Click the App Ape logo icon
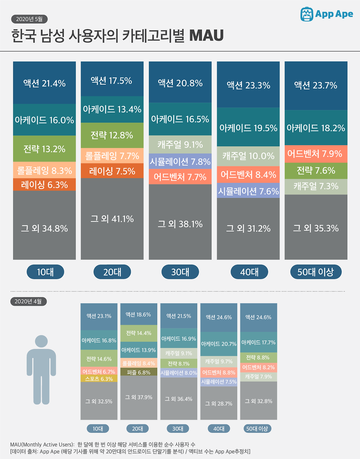tap(307, 14)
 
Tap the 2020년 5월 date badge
tap(29, 19)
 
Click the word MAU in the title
tap(206, 36)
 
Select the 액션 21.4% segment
tap(44, 83)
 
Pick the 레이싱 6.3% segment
tap(44, 185)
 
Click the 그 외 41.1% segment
tap(112, 219)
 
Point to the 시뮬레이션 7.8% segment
tap(180, 161)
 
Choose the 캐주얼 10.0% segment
tap(248, 156)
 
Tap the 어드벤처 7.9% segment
tap(316, 154)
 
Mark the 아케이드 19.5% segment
tap(248, 128)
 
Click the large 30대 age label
tap(180, 272)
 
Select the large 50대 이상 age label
tap(316, 272)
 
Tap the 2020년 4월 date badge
tap(28, 301)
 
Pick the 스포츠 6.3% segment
tap(99, 379)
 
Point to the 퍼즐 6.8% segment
tap(139, 372)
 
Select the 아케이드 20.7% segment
tap(219, 344)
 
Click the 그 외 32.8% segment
tap(258, 401)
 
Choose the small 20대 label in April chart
tap(137, 429)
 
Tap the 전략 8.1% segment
tap(179, 363)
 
